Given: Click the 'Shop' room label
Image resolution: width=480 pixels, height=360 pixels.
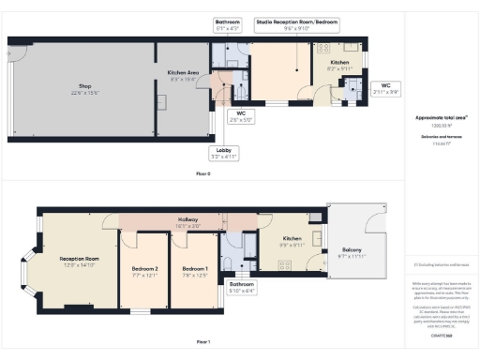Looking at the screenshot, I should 84,85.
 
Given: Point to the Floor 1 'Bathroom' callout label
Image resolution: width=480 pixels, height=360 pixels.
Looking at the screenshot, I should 242,284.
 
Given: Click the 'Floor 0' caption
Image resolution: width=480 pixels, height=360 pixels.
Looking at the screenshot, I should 202,174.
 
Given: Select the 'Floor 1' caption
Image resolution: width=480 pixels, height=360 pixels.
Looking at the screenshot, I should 202,342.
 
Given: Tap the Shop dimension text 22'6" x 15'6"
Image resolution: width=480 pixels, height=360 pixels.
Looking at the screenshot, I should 84,93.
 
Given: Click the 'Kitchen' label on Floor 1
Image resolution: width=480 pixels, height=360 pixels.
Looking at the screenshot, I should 292,238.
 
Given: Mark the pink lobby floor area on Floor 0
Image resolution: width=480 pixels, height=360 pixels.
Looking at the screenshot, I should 222,94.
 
